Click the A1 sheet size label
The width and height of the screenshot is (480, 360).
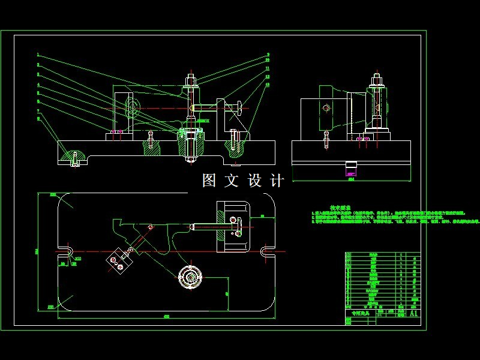coord(413,313)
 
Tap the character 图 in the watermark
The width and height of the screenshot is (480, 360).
coord(209,180)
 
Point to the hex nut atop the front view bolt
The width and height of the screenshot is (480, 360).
coord(191,80)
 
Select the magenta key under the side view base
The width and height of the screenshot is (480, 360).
coord(351,166)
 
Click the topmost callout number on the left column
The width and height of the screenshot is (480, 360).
coord(38,55)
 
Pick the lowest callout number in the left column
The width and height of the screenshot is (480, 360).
coord(38,118)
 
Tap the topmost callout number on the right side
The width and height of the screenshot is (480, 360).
coord(268,55)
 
